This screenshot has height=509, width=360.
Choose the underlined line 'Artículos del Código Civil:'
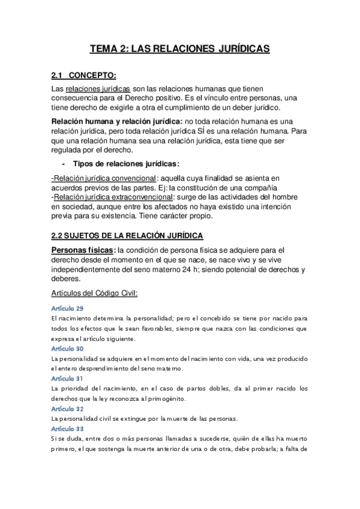[x=95, y=293]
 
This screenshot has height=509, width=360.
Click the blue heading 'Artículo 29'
[x=68, y=308]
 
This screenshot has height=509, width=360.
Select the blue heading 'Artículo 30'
[x=68, y=349]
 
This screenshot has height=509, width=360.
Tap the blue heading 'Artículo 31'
[x=68, y=379]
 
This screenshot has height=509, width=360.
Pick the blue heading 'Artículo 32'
[x=68, y=409]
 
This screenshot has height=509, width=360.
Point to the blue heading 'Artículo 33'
[x=68, y=429]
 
